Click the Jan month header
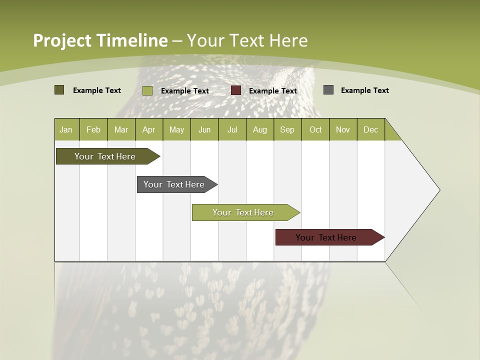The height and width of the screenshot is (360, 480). pyautogui.click(x=66, y=129)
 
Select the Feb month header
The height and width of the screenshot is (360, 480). pyautogui.click(x=93, y=129)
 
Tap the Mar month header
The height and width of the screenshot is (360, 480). pyautogui.click(x=121, y=129)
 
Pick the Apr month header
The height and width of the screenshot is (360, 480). pyautogui.click(x=149, y=129)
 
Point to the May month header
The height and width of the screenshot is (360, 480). pyautogui.click(x=176, y=129)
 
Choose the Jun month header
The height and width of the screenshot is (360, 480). pyautogui.click(x=204, y=129)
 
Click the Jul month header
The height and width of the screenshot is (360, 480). pyautogui.click(x=232, y=129)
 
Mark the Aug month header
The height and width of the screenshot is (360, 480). pyautogui.click(x=260, y=129)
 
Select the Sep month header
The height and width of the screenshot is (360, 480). pyautogui.click(x=287, y=129)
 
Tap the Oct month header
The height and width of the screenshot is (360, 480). pyautogui.click(x=315, y=129)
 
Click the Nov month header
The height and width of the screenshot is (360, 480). pyautogui.click(x=343, y=129)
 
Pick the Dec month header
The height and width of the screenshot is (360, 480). pyautogui.click(x=371, y=129)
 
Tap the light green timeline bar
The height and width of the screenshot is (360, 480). pyautogui.click(x=243, y=212)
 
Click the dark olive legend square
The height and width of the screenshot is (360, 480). pyautogui.click(x=59, y=90)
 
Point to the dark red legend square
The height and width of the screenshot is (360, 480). pyautogui.click(x=236, y=90)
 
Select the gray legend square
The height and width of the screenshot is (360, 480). pyautogui.click(x=328, y=90)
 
